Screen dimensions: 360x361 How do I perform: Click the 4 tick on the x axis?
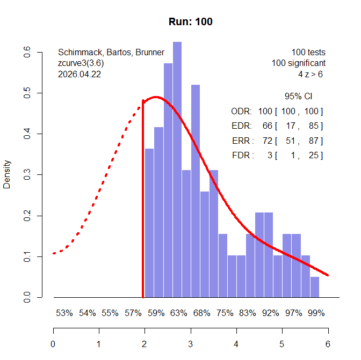[x=236, y=344]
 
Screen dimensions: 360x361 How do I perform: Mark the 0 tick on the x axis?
[x=53, y=344]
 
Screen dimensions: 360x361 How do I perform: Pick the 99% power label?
[x=316, y=313]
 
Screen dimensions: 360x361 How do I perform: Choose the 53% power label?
[x=64, y=313]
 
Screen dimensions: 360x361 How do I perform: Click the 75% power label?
[x=225, y=313]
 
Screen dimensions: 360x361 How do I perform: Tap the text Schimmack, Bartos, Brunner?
[x=111, y=53]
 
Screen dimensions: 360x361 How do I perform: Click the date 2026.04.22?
[x=79, y=75]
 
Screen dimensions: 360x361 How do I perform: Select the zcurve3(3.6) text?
[x=81, y=63]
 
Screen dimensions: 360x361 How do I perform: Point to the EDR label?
[x=240, y=126]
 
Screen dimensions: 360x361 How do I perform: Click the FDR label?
[x=240, y=156]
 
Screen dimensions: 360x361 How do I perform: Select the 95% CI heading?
[x=298, y=97]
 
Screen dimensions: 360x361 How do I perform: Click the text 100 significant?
[x=298, y=63]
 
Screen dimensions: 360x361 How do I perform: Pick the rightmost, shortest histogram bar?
[x=315, y=286]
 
